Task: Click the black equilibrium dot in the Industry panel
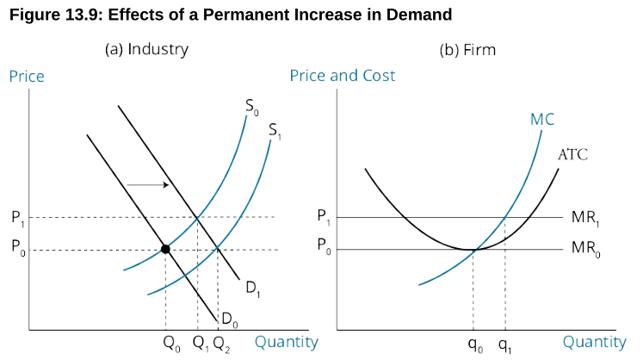click(x=165, y=249)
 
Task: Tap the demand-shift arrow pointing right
click(x=148, y=184)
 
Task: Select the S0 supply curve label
click(x=251, y=108)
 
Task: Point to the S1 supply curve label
click(x=275, y=131)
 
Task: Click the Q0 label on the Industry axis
click(x=171, y=344)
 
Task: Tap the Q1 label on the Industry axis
click(x=200, y=344)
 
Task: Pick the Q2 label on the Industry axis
click(x=222, y=344)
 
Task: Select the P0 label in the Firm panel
click(x=323, y=250)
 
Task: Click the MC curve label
click(x=542, y=119)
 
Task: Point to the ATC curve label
click(x=572, y=155)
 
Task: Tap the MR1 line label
click(x=584, y=217)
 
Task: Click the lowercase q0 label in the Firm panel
click(x=475, y=344)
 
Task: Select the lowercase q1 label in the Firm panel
click(x=504, y=344)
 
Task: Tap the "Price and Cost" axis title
click(x=343, y=76)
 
